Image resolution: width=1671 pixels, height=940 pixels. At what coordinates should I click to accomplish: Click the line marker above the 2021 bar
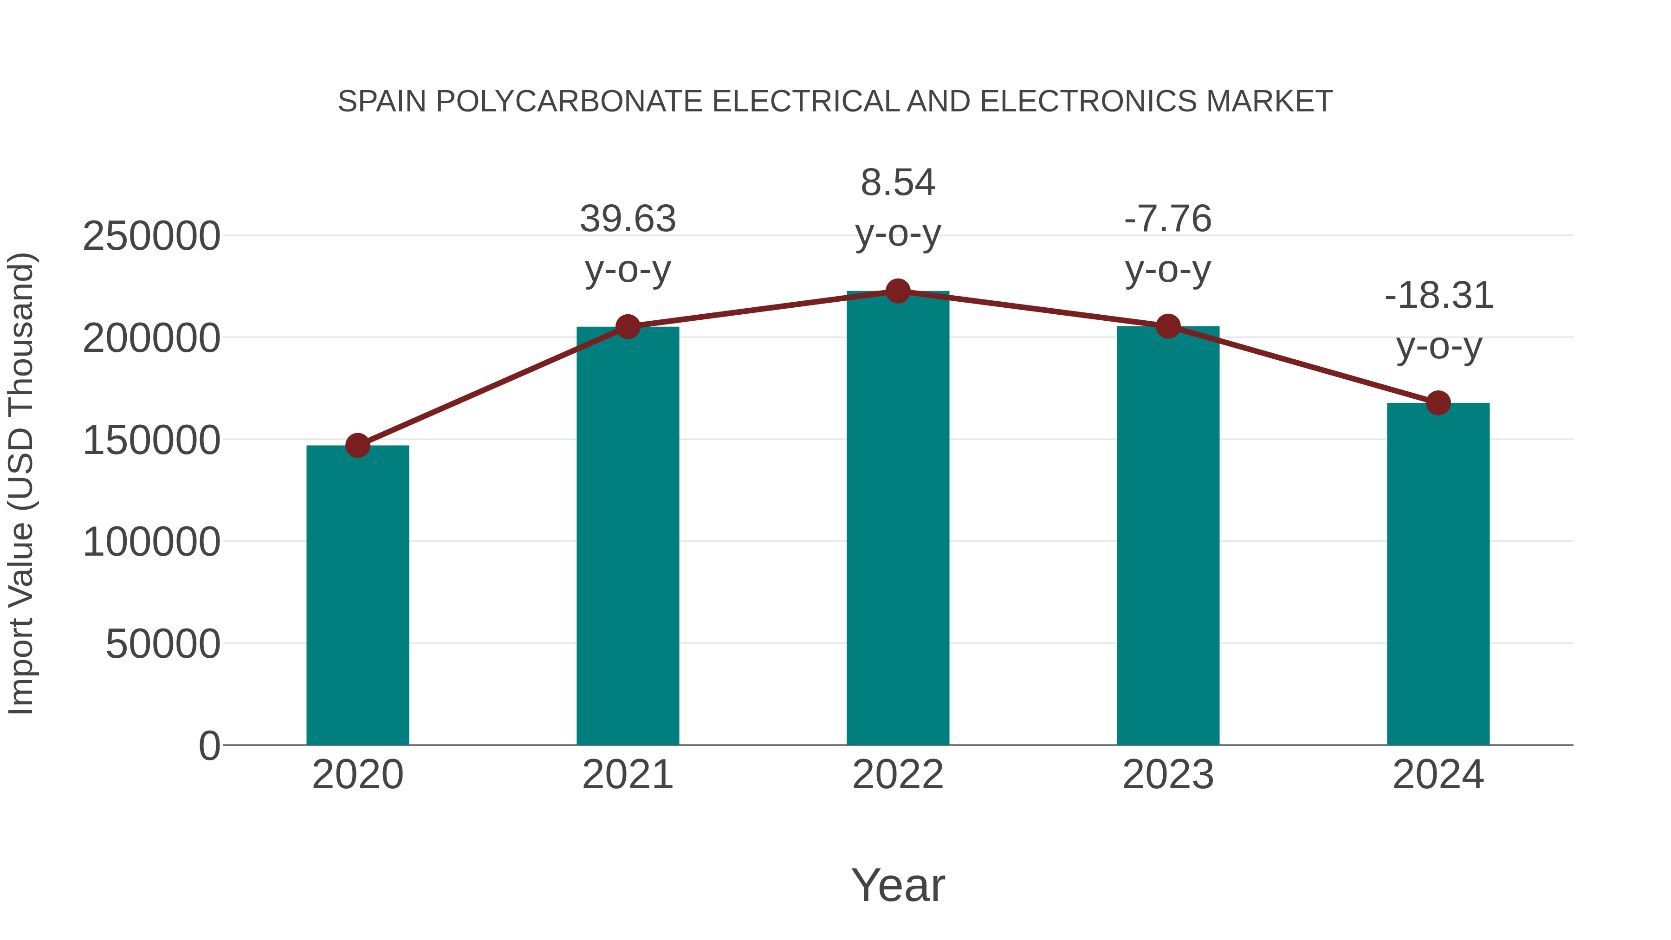pos(628,327)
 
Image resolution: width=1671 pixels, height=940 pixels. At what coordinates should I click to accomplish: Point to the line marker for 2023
pos(1168,326)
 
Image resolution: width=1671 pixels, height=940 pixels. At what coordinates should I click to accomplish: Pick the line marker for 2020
pos(357,446)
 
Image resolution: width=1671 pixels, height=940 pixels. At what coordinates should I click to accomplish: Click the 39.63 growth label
pos(628,219)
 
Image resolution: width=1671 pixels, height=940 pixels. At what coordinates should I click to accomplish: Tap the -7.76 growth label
pos(1168,219)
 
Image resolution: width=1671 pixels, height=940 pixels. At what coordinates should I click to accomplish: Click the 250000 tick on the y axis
pos(151,236)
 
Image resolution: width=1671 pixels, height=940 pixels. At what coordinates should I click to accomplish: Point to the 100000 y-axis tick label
pos(151,542)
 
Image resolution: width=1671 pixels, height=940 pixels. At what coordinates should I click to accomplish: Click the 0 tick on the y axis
pos(209,746)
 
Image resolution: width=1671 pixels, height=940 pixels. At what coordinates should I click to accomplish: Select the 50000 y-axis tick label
pos(163,644)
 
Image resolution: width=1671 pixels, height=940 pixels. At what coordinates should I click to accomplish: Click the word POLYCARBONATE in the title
pos(569,101)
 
